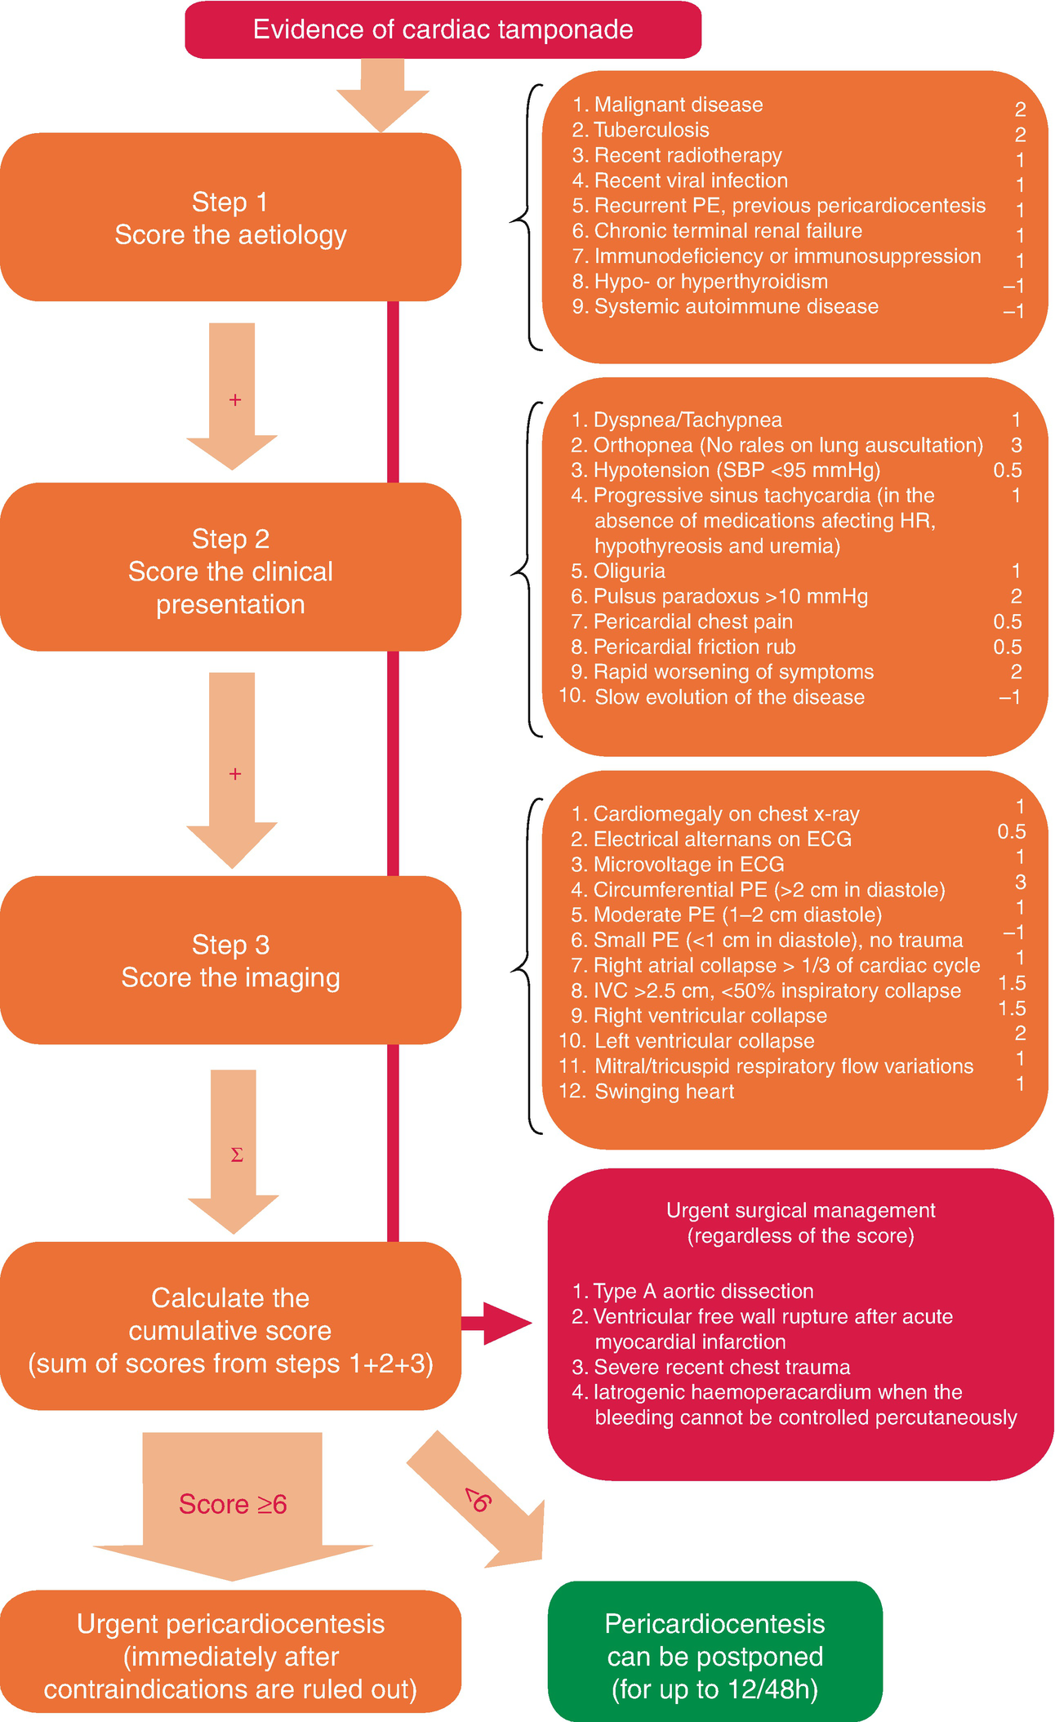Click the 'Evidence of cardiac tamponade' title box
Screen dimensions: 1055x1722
pos(443,29)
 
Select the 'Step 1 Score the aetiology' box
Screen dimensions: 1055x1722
pos(230,217)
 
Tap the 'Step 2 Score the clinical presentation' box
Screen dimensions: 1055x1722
pos(230,567)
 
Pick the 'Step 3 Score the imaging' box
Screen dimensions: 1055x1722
pos(230,960)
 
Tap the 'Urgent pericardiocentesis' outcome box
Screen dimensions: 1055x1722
pos(230,1656)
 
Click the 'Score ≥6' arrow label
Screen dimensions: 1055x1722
pos(233,1504)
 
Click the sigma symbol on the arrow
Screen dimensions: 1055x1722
pos(237,1155)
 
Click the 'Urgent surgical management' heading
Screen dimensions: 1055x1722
pos(800,1210)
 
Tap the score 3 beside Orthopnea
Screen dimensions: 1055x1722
pos(1017,445)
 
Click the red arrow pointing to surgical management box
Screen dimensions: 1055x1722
pos(496,1323)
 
